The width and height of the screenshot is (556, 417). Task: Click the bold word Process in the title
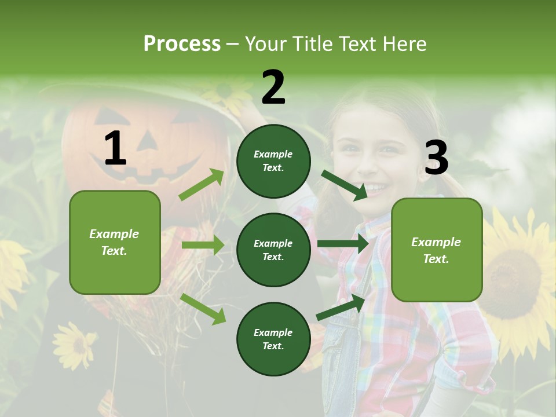(x=182, y=43)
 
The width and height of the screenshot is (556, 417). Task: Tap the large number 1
(x=115, y=149)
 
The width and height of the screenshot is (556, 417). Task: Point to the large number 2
(x=273, y=87)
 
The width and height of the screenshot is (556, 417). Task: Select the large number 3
(x=436, y=158)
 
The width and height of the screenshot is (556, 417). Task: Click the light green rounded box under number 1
(x=115, y=242)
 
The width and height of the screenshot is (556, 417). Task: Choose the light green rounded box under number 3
(x=437, y=250)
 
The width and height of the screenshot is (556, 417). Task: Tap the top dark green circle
(x=273, y=161)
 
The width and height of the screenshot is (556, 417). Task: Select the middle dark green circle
(x=273, y=250)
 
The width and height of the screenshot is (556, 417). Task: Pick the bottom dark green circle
(x=273, y=339)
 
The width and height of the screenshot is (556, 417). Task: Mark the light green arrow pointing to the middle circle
(x=203, y=245)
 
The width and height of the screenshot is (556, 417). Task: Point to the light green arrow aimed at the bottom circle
(x=203, y=308)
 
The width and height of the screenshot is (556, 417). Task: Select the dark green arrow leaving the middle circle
(x=343, y=244)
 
